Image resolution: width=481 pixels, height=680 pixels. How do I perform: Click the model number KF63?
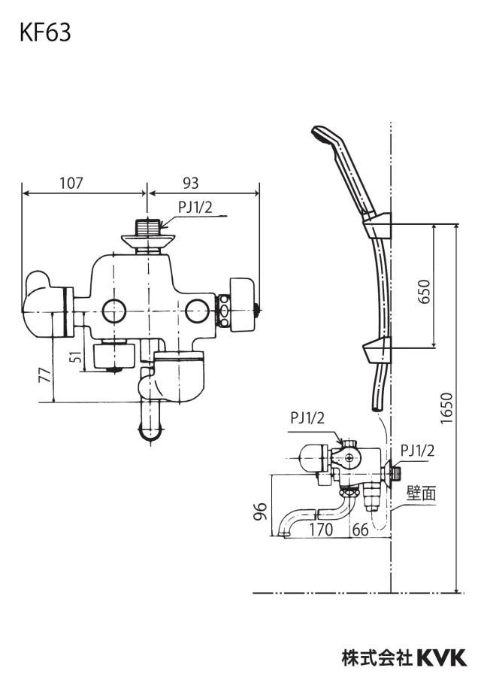(x=45, y=33)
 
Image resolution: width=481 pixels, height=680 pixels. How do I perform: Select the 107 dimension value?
(x=71, y=183)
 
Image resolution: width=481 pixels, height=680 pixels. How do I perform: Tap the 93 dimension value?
(x=190, y=183)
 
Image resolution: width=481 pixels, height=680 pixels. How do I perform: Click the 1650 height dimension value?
(x=446, y=408)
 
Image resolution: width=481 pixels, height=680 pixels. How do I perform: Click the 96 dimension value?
(x=259, y=512)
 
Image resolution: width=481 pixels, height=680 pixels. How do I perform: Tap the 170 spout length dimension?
(x=321, y=529)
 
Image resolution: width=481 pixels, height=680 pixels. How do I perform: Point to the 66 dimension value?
(x=360, y=529)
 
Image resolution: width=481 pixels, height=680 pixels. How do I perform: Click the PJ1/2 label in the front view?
(x=195, y=208)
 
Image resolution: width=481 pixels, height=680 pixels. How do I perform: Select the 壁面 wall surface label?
(x=421, y=493)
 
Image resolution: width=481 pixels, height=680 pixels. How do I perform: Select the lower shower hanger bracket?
(x=377, y=351)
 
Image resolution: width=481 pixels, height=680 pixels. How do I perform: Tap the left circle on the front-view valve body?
(x=114, y=311)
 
